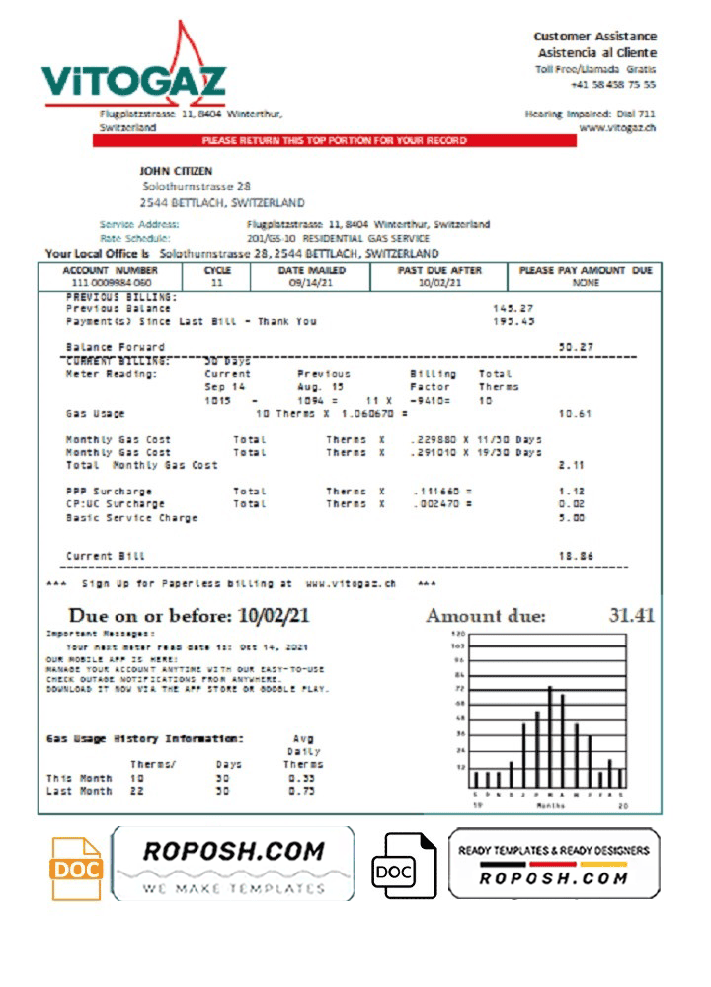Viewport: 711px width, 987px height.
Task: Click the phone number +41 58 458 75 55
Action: [x=612, y=85]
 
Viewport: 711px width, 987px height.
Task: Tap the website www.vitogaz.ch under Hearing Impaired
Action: [x=617, y=127]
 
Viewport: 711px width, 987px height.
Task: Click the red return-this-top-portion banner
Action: [x=334, y=141]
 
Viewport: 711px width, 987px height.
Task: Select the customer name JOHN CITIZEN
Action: [x=176, y=171]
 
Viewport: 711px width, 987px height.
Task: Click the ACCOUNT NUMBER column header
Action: [x=110, y=270]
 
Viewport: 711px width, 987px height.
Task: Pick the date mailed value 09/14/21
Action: [x=310, y=282]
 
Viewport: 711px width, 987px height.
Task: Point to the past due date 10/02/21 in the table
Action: [x=439, y=282]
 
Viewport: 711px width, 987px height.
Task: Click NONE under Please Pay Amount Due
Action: [x=586, y=282]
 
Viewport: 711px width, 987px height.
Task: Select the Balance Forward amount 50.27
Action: [x=575, y=347]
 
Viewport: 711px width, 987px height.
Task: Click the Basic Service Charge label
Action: [x=131, y=517]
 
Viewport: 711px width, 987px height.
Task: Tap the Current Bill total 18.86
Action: [x=575, y=557]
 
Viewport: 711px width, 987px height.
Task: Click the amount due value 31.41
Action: [x=632, y=615]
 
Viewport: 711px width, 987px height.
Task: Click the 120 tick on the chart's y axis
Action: [x=458, y=633]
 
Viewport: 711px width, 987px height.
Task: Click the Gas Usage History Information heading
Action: [x=144, y=738]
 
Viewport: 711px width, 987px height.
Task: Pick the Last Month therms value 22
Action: [x=137, y=791]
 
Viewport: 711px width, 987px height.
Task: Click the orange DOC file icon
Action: [x=76, y=869]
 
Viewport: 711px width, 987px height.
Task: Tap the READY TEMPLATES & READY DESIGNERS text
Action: [x=553, y=850]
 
